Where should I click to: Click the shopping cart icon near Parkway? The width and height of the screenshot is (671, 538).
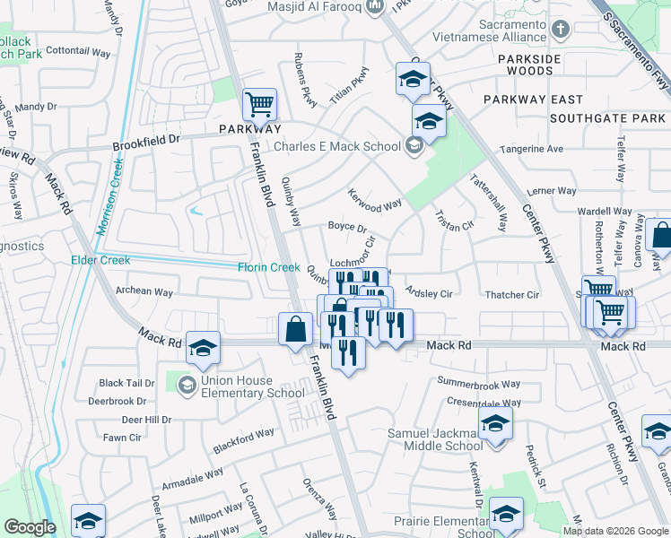(259, 103)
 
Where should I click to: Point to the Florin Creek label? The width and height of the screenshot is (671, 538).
(268, 267)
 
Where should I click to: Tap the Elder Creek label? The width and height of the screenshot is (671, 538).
(100, 260)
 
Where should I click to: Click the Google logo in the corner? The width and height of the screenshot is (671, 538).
(30, 528)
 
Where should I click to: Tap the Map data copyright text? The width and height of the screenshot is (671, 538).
(614, 530)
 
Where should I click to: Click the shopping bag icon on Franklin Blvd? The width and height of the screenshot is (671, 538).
(295, 329)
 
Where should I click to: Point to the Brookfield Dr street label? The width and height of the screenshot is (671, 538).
(146, 143)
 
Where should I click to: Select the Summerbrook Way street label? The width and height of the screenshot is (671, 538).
(478, 383)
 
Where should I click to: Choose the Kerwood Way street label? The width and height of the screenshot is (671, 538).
(374, 200)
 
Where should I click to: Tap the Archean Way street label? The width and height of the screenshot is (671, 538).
(144, 291)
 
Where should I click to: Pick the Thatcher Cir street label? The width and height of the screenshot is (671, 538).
(511, 295)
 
